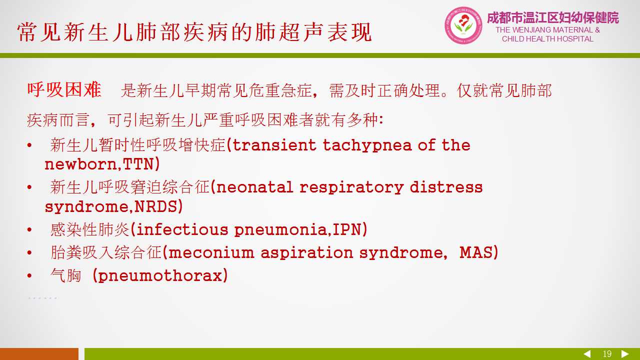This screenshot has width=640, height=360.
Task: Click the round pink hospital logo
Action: pos(463,25)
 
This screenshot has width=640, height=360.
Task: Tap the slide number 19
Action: pos(607,354)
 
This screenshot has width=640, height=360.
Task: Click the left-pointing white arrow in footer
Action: pos(587,353)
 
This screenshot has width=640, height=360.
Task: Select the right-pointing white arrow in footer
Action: pos(625,353)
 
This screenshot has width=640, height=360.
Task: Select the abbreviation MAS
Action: pos(475,252)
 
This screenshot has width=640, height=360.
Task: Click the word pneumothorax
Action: pos(160,275)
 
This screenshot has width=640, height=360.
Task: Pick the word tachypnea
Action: pos(367,145)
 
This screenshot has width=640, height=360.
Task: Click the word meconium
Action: pos(211,252)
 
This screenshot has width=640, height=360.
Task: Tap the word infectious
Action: pos(182,229)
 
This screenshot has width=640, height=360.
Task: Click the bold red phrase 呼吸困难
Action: pos(64,89)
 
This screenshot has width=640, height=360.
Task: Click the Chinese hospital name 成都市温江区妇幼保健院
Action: pos(553,17)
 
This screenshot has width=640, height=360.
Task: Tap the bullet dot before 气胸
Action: pos(29,275)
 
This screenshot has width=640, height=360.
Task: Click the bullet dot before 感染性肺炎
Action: pos(29,229)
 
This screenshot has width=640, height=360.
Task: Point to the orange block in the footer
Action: pos(39,354)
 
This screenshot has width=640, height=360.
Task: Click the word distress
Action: pos(446,187)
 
